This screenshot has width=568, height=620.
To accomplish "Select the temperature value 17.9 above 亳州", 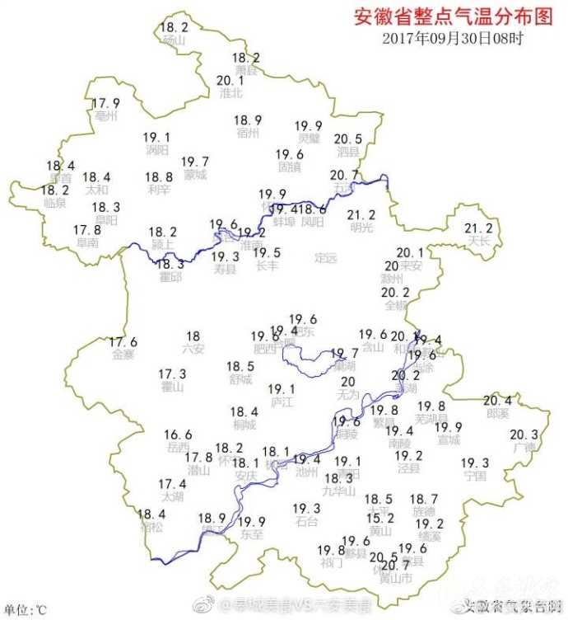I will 105,103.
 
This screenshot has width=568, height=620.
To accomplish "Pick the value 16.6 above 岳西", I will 178,435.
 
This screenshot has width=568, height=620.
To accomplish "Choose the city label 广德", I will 524,448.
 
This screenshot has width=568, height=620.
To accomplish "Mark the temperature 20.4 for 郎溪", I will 497,400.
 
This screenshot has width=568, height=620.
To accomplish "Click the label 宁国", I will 475,476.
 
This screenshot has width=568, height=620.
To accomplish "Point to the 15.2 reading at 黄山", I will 379,518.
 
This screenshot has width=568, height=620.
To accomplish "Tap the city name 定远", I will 326,258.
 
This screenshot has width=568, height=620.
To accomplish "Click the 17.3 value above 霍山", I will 172,373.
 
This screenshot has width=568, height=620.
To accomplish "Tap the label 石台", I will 306,521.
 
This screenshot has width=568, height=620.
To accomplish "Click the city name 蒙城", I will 195,175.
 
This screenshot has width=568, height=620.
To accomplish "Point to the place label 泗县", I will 347,152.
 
